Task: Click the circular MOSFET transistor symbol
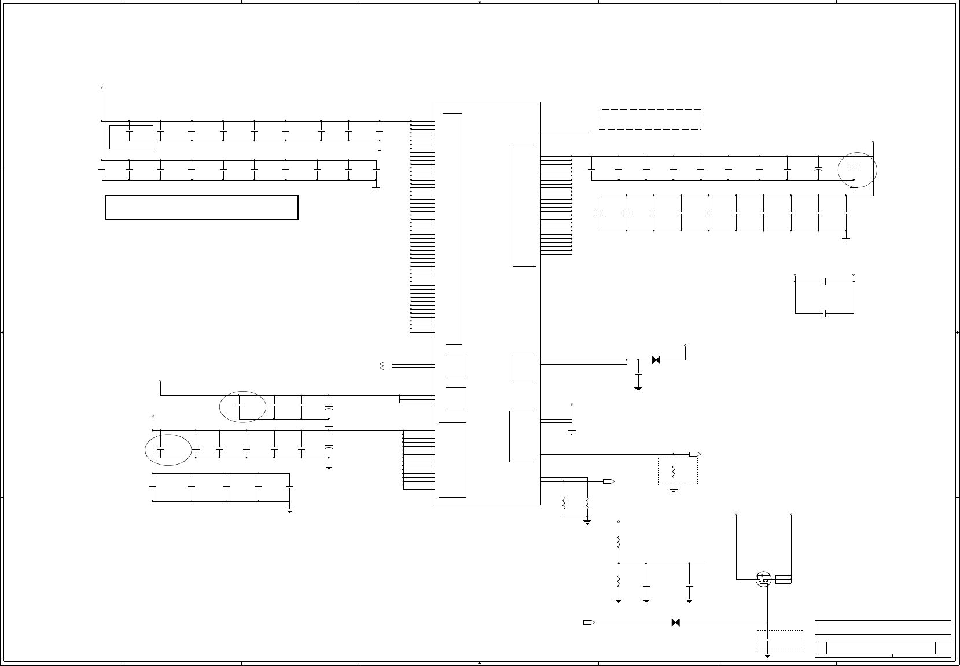pos(763,579)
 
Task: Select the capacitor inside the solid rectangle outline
pos(130,132)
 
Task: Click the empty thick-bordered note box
pos(201,208)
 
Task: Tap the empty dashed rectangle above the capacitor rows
pos(650,119)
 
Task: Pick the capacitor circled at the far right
pos(854,167)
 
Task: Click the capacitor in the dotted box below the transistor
pos(767,641)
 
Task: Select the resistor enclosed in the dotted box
pos(674,473)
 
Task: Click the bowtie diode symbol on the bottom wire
pos(675,623)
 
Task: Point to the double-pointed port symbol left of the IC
pos(387,365)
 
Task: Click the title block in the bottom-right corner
pos(882,639)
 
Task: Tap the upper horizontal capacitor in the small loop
pos(825,282)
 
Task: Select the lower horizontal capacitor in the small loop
pos(825,313)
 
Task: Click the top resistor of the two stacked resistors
pos(619,542)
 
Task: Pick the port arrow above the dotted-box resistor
pos(695,454)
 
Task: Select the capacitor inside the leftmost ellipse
pos(161,448)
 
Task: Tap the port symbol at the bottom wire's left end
pos(589,623)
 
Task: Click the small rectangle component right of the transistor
pos(783,579)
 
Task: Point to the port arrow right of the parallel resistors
pos(608,481)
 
